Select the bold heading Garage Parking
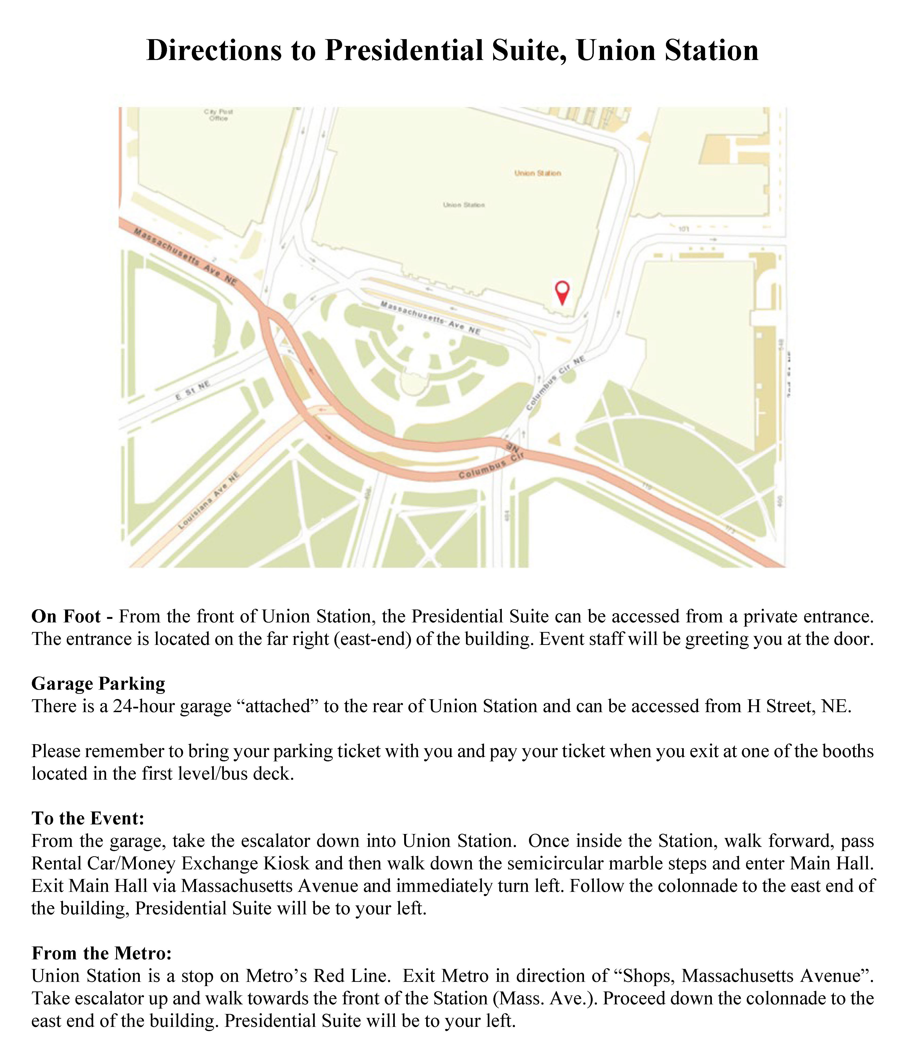[98, 684]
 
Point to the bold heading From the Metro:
[101, 953]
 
